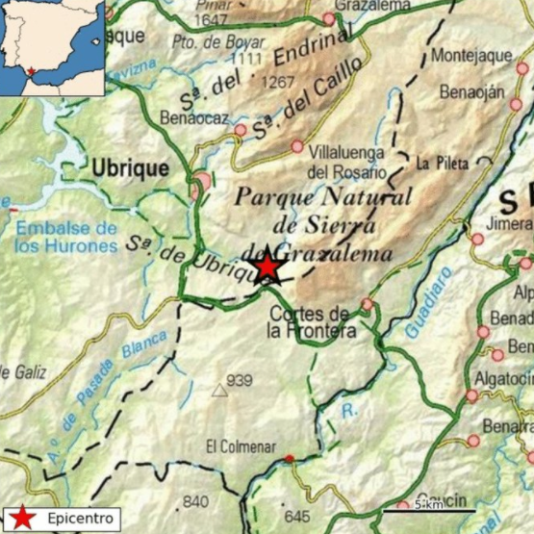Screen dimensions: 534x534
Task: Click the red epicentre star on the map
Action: pos(266,267)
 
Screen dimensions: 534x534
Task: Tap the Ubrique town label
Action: pos(130,167)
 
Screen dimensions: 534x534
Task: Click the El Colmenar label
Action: pos(241,447)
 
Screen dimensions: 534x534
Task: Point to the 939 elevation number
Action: pos(239,379)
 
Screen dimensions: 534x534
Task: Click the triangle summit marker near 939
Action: pos(220,391)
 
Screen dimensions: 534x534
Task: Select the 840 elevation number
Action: pos(195,501)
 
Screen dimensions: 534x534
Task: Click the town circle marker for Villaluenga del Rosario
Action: pos(297,147)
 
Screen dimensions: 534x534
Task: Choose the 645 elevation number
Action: pos(297,517)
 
